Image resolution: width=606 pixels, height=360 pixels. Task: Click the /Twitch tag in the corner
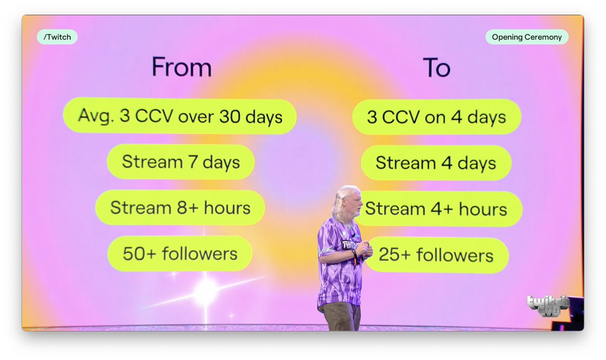(57, 37)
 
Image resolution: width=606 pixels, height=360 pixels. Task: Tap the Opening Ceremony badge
(527, 37)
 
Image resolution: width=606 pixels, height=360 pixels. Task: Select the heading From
(181, 67)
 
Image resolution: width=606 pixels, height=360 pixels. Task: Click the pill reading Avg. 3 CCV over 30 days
(180, 117)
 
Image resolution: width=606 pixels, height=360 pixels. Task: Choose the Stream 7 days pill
(181, 162)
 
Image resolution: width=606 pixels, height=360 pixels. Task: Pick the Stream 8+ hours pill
(180, 208)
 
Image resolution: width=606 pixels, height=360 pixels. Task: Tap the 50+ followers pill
(180, 253)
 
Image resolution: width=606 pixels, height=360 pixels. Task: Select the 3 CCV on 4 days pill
(436, 117)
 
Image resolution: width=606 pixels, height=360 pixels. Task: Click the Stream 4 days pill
(436, 163)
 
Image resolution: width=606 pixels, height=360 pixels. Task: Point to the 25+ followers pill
(436, 254)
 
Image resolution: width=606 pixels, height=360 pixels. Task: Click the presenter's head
(349, 201)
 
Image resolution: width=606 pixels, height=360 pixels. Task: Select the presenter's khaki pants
(342, 316)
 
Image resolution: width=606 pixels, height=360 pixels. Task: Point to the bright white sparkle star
(206, 292)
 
